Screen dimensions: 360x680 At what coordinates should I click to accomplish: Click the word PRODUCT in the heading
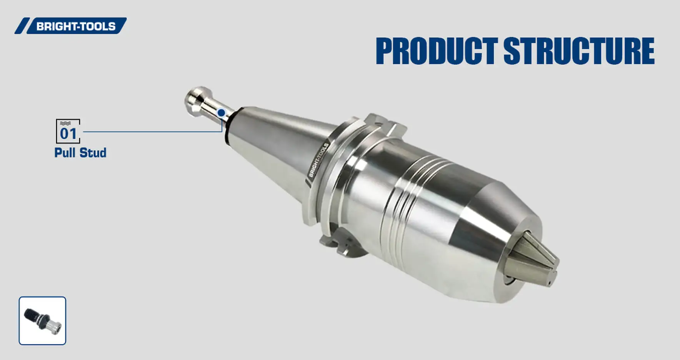pos(436,51)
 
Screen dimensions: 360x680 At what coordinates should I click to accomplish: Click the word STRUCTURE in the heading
pos(578,51)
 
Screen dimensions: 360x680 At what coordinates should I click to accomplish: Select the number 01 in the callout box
pos(68,134)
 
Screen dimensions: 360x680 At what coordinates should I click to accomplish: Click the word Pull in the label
pos(65,153)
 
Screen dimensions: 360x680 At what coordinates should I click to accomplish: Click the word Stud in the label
pos(93,153)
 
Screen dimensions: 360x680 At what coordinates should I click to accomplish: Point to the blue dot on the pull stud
pos(221,113)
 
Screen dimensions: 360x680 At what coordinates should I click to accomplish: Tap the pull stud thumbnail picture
pos(42,320)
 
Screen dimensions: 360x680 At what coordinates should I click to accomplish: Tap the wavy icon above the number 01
pos(65,123)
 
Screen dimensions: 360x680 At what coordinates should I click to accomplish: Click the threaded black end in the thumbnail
pos(32,315)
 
